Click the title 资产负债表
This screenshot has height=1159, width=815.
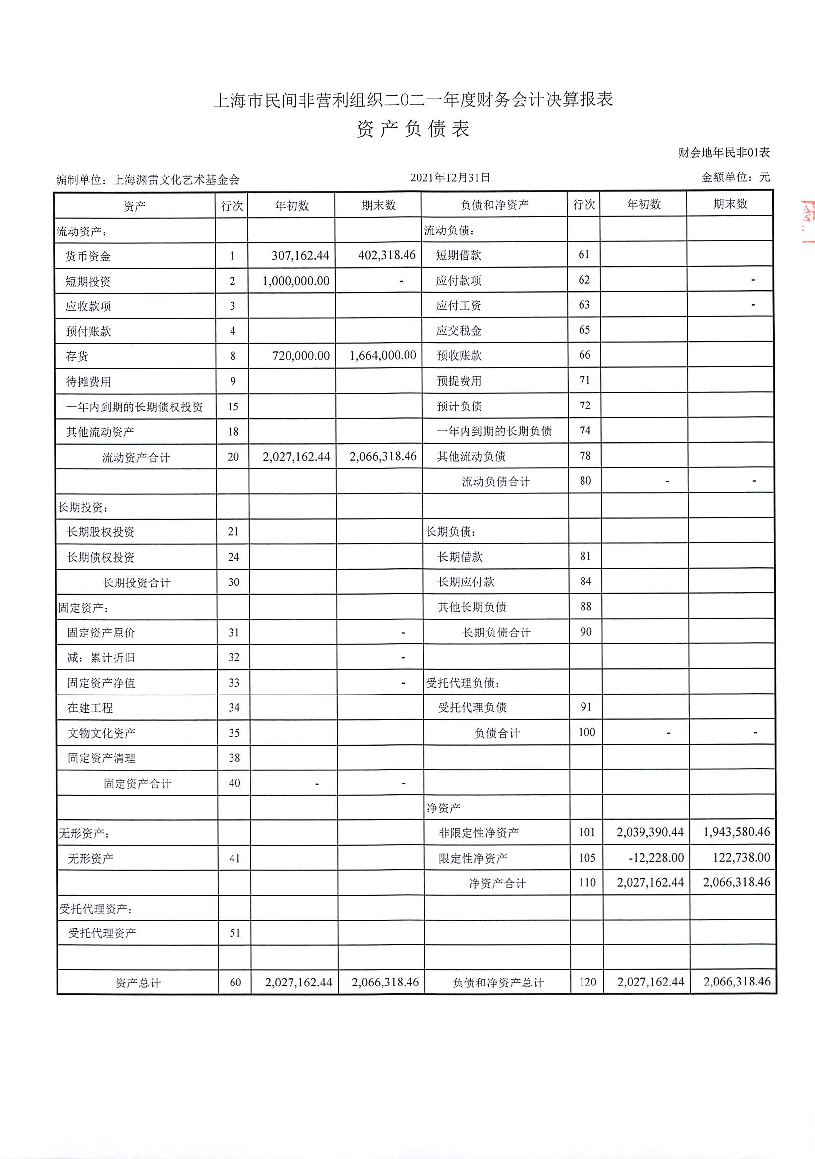pyautogui.click(x=413, y=129)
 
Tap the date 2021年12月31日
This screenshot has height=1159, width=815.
pyautogui.click(x=451, y=177)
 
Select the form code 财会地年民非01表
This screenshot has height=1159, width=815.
pyautogui.click(x=724, y=153)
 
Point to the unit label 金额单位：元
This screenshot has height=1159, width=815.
pyautogui.click(x=736, y=177)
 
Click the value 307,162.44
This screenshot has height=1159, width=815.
pyautogui.click(x=300, y=256)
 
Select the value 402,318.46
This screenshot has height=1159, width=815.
pyautogui.click(x=387, y=255)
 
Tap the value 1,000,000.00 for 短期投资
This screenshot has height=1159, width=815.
pyautogui.click(x=295, y=281)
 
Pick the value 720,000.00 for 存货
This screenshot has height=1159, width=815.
pyautogui.click(x=300, y=356)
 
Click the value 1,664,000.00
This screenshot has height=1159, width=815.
pyautogui.click(x=383, y=355)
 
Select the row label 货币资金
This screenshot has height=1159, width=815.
pyautogui.click(x=88, y=256)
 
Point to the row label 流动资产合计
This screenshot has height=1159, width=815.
pyautogui.click(x=136, y=458)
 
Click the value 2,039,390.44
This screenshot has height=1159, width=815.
pyautogui.click(x=649, y=832)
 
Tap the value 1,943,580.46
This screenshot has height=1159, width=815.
pyautogui.click(x=737, y=832)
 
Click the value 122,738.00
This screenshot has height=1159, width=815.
pyautogui.click(x=741, y=857)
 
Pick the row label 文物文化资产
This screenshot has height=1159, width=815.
pyautogui.click(x=102, y=733)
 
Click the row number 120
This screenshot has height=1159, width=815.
pyautogui.click(x=587, y=982)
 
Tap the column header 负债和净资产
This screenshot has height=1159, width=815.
pyautogui.click(x=494, y=204)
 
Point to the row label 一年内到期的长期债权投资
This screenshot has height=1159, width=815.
pyautogui.click(x=134, y=407)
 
